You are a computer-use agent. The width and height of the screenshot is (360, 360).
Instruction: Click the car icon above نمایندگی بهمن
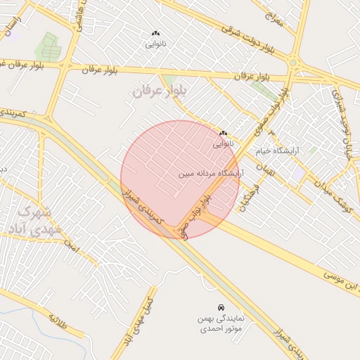(x=221, y=307)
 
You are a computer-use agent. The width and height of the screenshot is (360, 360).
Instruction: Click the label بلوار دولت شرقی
(x=247, y=39)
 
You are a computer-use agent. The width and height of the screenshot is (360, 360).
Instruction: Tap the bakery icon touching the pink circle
(x=223, y=133)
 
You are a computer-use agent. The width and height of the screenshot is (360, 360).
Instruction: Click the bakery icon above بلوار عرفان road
(x=155, y=33)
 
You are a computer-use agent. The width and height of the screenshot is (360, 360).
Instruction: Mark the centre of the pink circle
(x=180, y=179)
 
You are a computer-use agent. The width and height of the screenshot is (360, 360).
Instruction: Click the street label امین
(x=70, y=246)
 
